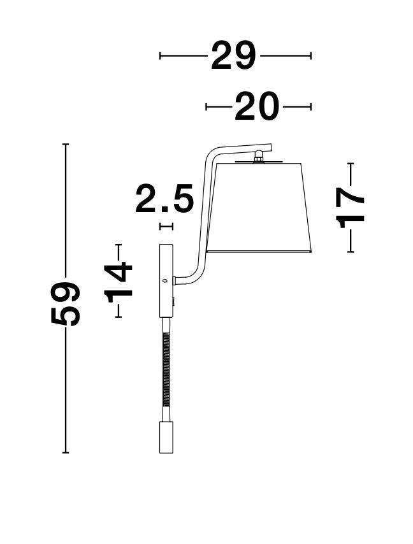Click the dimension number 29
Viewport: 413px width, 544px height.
click(x=233, y=55)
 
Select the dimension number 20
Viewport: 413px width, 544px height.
click(x=257, y=106)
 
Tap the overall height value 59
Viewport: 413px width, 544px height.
click(x=66, y=304)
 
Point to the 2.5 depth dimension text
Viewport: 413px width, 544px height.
click(x=164, y=199)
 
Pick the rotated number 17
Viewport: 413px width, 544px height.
click(x=350, y=208)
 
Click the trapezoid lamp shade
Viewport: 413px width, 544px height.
click(x=259, y=207)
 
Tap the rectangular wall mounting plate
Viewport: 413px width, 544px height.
click(x=166, y=281)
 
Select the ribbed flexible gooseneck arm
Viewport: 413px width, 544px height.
click(x=166, y=369)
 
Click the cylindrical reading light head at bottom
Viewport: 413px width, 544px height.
click(x=166, y=437)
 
